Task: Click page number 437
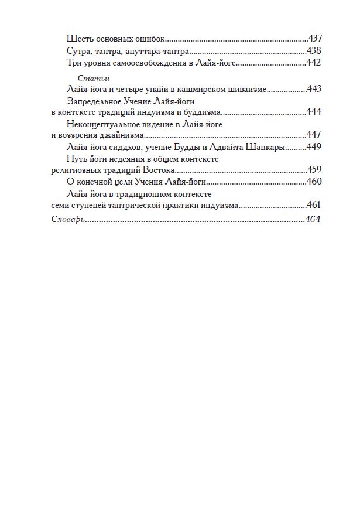tap(315, 39)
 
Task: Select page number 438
tap(315, 51)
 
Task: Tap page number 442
tap(315, 63)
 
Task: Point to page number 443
tap(315, 89)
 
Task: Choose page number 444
tap(315, 112)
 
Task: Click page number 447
tap(315, 135)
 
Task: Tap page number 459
tap(315, 170)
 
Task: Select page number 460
tap(315, 182)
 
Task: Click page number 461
tap(315, 205)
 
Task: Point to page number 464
tap(314, 219)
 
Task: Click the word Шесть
tap(78, 39)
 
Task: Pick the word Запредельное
tap(97, 101)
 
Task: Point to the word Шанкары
tap(266, 147)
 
